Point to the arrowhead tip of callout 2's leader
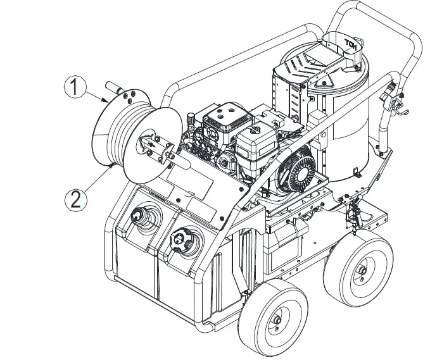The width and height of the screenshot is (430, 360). (x=113, y=163)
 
